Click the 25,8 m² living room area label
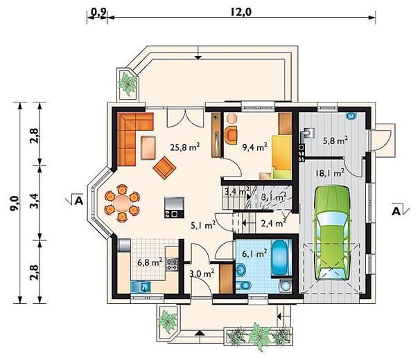tap(185, 147)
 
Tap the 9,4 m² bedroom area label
tap(254, 147)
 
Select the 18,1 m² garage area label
tap(330, 174)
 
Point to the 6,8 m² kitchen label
tap(150, 262)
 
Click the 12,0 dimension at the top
tap(241, 12)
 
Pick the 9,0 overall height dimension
tap(14, 203)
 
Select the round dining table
tap(122, 203)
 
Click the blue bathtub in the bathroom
tap(282, 258)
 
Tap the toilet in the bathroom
tap(243, 285)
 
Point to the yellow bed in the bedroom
tap(282, 157)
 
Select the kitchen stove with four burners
tap(172, 264)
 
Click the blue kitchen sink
tap(141, 287)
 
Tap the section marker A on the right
tap(396, 211)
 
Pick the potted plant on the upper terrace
tap(128, 84)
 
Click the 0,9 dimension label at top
tap(98, 12)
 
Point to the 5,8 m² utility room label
tap(335, 141)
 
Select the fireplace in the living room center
tap(175, 207)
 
